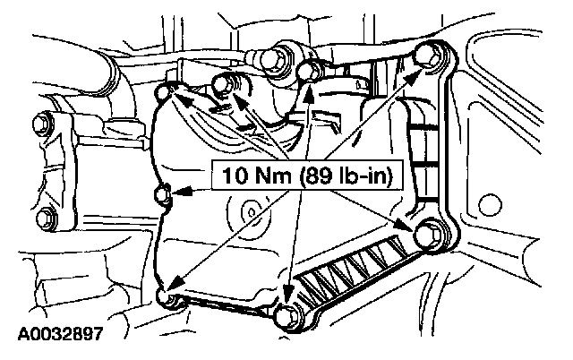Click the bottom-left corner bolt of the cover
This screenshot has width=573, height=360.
coord(163,296)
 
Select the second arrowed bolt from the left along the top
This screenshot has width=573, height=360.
coord(223,84)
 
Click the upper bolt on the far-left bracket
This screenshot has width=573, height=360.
coord(39,120)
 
